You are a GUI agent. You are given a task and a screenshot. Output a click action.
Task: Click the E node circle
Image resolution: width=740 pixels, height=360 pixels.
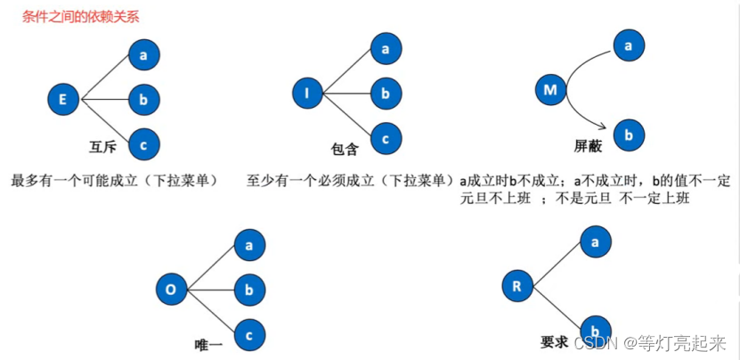[x=62, y=99]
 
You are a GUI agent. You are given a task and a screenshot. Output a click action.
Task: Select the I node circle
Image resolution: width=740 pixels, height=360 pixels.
[x=307, y=93]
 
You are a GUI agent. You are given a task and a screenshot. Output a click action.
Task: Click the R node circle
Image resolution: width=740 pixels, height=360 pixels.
[x=517, y=286]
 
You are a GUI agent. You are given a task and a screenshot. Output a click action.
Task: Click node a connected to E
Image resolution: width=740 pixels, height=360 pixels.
[x=143, y=56]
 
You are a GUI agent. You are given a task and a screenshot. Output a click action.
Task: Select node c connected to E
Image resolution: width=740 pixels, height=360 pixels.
[x=143, y=142]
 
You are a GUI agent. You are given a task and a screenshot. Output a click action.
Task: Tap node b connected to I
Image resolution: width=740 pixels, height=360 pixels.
[x=386, y=92]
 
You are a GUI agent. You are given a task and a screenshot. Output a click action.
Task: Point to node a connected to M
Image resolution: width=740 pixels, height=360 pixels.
[x=629, y=45]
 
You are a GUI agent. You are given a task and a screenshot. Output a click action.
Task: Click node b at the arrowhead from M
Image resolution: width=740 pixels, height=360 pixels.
[x=629, y=135]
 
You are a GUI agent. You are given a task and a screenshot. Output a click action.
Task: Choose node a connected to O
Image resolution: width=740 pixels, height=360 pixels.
[x=249, y=244]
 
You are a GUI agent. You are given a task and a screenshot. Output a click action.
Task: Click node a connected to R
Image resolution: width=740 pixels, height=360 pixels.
[x=595, y=241]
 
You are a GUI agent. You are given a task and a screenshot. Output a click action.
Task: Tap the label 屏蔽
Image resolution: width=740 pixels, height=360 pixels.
[x=588, y=148]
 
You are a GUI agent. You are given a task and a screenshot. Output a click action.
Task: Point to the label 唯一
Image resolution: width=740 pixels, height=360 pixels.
[x=208, y=343]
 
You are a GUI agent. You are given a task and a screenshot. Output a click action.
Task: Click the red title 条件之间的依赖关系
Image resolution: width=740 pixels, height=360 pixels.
[x=80, y=16]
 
